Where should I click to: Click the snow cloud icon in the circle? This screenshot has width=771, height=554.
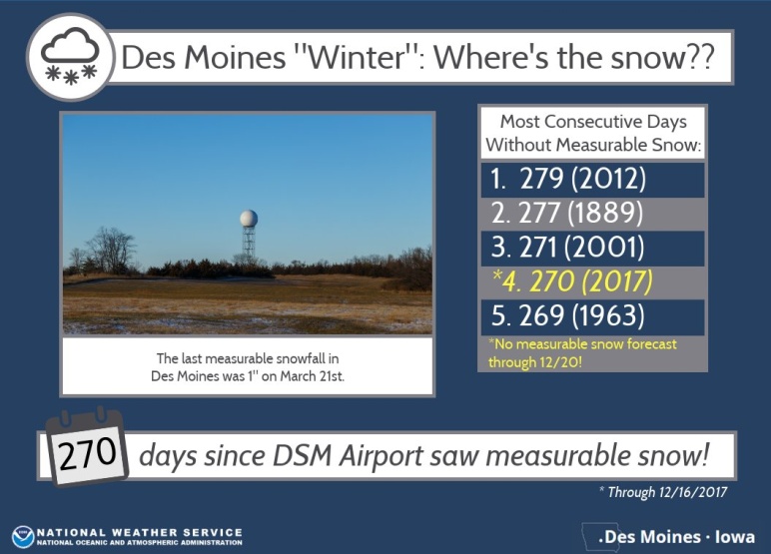pyautogui.click(x=70, y=57)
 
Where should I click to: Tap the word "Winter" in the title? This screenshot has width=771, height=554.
pyautogui.click(x=355, y=57)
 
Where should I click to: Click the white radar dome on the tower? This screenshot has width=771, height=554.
pyautogui.click(x=249, y=219)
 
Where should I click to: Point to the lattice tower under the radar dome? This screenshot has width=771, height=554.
pyautogui.click(x=249, y=242)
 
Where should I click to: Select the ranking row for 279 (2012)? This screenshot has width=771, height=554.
pyautogui.click(x=592, y=179)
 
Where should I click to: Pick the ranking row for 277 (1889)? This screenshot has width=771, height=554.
pyautogui.click(x=592, y=213)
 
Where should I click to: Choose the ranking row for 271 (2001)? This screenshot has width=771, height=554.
pyautogui.click(x=592, y=248)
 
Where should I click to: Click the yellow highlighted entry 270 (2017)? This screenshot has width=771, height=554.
pyautogui.click(x=572, y=281)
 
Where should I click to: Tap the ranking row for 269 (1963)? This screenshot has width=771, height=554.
pyautogui.click(x=592, y=316)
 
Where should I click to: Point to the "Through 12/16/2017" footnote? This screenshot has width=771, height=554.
pyautogui.click(x=663, y=492)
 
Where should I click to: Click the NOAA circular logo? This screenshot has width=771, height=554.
pyautogui.click(x=23, y=537)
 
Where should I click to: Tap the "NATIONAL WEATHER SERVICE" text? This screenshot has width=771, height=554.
pyautogui.click(x=140, y=532)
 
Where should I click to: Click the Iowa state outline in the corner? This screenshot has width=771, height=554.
pyautogui.click(x=591, y=536)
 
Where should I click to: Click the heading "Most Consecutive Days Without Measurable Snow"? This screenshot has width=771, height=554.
pyautogui.click(x=593, y=133)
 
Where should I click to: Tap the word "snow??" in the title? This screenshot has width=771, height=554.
pyautogui.click(x=662, y=58)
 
